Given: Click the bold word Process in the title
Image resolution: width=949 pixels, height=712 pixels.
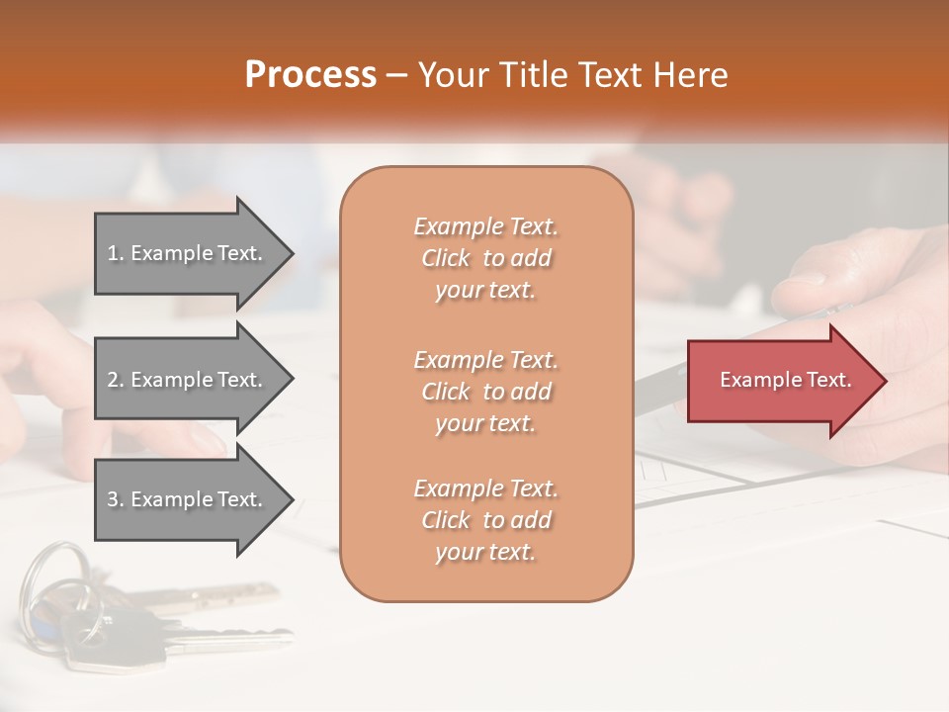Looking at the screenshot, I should click(310, 75).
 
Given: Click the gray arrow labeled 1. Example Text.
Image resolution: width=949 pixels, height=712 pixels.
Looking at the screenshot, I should click(188, 253).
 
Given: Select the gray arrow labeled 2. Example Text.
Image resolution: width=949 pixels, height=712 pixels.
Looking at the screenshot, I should click(188, 380).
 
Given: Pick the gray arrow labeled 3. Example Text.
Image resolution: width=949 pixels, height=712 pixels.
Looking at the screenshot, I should click(188, 499).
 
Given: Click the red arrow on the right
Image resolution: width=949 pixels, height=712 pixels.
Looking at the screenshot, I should click(781, 380).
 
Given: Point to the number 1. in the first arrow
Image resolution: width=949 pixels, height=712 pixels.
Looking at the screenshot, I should click(116, 253).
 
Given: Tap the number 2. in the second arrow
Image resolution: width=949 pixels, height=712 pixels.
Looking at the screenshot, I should click(116, 380).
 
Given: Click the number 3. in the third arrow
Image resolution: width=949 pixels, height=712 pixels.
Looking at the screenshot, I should click(116, 499).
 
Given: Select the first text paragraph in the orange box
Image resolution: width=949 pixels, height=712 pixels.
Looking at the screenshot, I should click(485, 258).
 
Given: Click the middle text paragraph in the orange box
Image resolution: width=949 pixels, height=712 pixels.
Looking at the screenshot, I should click(485, 392).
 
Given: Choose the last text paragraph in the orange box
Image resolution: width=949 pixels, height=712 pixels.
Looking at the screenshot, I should click(485, 520).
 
